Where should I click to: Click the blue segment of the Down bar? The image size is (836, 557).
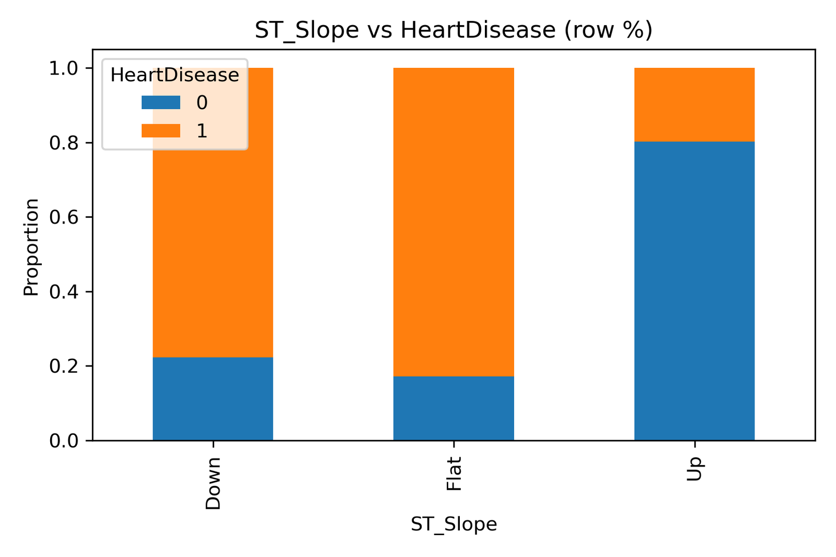(213, 399)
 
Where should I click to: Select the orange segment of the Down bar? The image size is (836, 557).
(213, 251)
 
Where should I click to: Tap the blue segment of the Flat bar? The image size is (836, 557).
(454, 408)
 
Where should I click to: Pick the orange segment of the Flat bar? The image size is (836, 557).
(454, 222)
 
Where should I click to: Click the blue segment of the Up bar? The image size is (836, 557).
(694, 291)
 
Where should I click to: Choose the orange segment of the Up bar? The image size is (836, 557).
(694, 104)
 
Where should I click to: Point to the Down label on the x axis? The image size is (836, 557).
(213, 483)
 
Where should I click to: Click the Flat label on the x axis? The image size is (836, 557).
(454, 474)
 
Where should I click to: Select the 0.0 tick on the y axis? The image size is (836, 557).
(63, 441)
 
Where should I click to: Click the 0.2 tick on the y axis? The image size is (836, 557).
(63, 366)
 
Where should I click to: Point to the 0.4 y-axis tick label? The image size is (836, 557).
(63, 292)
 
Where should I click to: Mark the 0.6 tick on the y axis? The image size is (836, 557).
(63, 217)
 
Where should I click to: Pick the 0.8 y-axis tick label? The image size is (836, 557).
(63, 143)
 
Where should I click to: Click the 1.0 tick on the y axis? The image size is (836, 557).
(63, 68)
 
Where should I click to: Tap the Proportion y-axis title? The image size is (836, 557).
(31, 247)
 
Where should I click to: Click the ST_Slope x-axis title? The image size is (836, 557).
(454, 524)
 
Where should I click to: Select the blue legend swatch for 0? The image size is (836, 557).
(161, 102)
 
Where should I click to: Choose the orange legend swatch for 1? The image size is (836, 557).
(161, 131)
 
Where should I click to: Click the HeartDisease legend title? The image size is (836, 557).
(175, 75)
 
